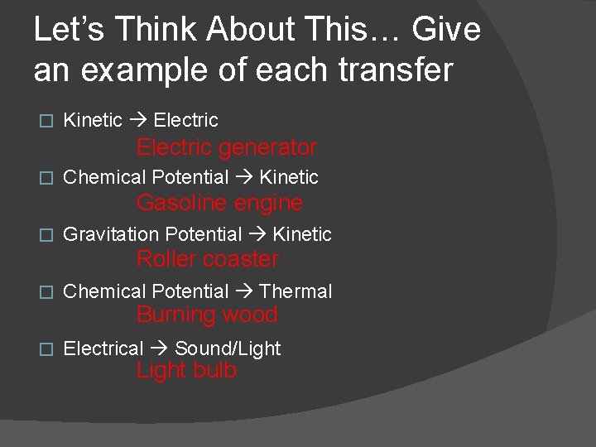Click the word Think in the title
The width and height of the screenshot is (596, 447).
(153, 30)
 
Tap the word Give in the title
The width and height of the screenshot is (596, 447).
(446, 30)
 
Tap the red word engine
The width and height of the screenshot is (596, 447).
(271, 203)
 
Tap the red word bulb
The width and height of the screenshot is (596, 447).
(215, 370)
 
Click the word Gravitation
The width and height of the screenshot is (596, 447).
(111, 235)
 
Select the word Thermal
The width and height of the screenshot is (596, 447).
(296, 291)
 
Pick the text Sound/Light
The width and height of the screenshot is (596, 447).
(228, 348)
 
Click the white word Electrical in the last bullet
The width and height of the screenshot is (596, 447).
(103, 348)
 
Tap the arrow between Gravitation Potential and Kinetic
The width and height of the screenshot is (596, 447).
(257, 235)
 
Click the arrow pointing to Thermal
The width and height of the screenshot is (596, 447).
(243, 291)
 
